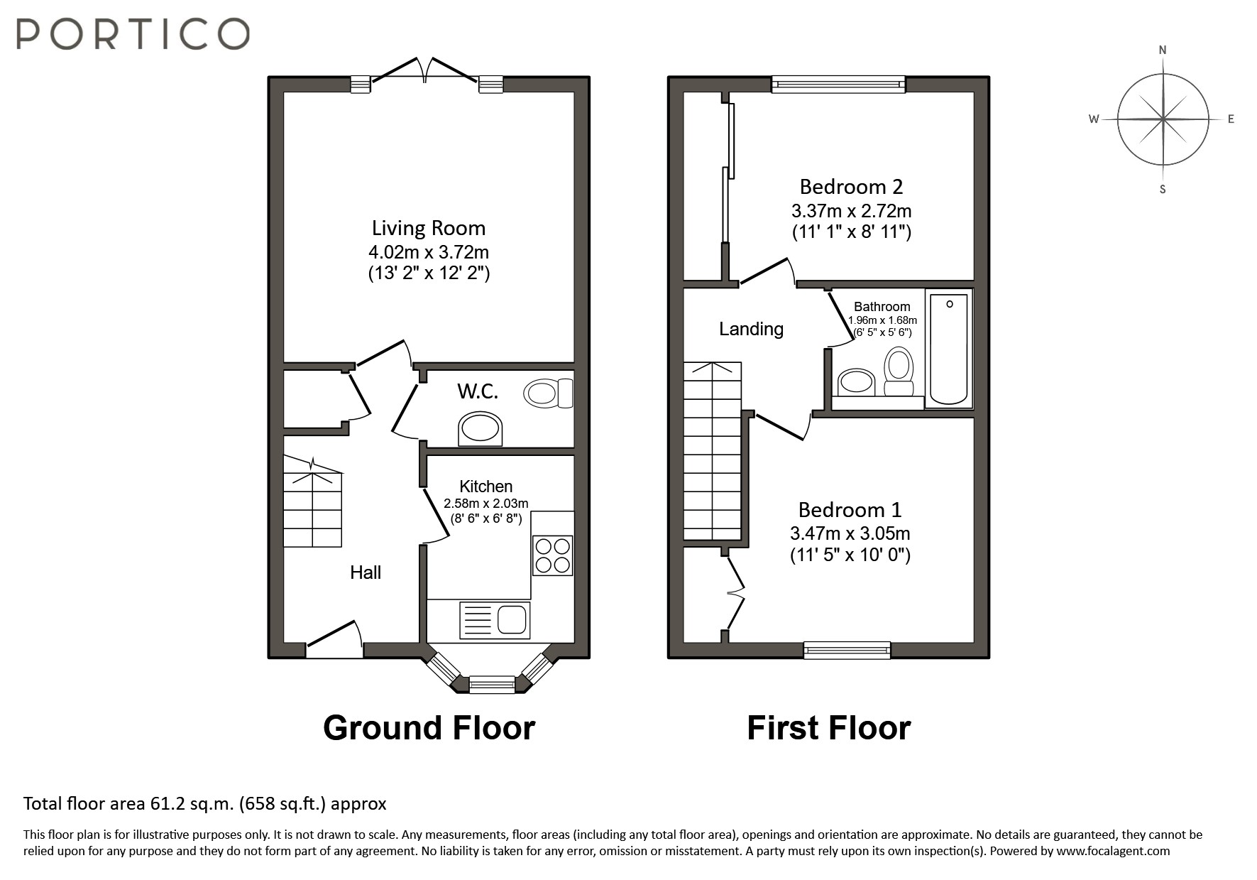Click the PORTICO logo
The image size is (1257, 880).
(133, 33)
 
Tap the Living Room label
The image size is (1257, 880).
(429, 228)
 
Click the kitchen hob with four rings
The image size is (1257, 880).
(552, 555)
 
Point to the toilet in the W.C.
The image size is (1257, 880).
(547, 393)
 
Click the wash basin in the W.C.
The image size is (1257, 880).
(480, 430)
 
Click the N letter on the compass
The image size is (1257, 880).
(1163, 50)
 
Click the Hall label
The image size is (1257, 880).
(366, 572)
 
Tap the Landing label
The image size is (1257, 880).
(751, 329)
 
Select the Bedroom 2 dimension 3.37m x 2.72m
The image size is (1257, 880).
(851, 211)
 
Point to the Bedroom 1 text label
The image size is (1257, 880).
(850, 509)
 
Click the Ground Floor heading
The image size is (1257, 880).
(429, 728)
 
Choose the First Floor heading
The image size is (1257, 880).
(828, 728)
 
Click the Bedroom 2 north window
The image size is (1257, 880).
(838, 85)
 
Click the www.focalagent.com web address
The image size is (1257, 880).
(1112, 851)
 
